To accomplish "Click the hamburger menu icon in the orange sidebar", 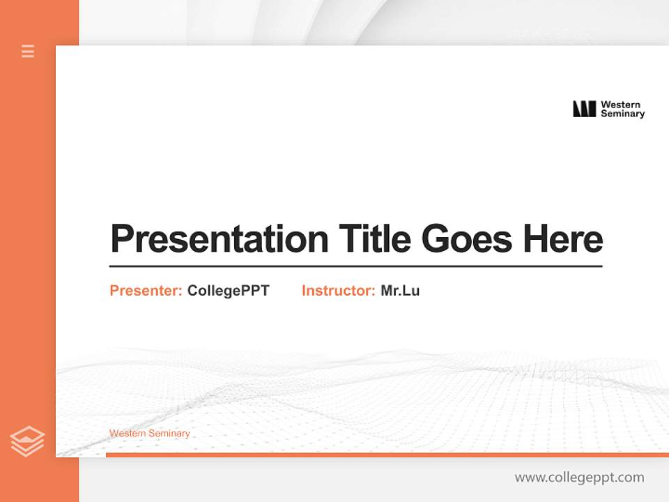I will (28, 51).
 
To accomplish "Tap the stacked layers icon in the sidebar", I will (27, 441).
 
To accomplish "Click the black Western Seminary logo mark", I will (584, 109).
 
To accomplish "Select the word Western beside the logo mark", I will (620, 105).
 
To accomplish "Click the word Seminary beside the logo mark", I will (622, 114).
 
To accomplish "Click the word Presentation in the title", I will (219, 239).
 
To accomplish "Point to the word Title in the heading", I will (375, 238).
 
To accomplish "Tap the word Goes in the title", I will (466, 238).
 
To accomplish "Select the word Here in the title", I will (563, 238).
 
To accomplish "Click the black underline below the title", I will (355, 266).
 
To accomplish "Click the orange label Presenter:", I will (146, 291).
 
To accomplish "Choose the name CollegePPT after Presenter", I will (228, 291).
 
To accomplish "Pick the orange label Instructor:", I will (338, 291).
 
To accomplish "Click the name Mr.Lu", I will (400, 291).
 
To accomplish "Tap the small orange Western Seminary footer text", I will (149, 434).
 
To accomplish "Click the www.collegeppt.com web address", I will (579, 478).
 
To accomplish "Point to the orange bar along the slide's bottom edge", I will (387, 455).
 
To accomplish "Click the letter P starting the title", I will (122, 238).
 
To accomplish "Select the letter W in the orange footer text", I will (113, 434).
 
